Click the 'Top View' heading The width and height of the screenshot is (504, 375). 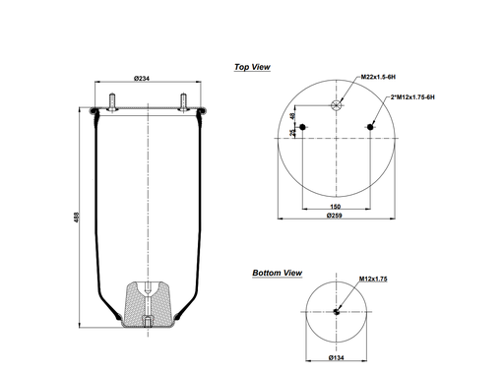point(252,67)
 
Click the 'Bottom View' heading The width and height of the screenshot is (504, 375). point(277,273)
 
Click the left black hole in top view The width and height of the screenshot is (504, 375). point(302,126)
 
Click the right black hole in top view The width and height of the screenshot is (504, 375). point(373,126)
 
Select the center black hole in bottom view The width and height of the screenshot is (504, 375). point(338,313)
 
